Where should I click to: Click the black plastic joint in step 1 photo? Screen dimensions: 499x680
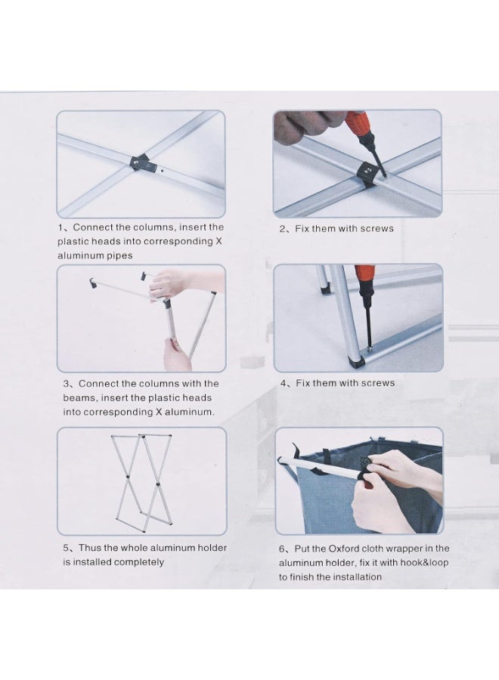tap(142, 163)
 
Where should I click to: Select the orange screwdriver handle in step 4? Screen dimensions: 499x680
tap(364, 277)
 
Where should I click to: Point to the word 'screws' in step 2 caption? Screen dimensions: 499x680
tap(377, 228)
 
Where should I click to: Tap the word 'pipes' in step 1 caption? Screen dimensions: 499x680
tap(120, 255)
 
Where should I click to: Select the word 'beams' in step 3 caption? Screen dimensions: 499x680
tap(80, 397)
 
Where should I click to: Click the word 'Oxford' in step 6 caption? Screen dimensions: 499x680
tap(343, 549)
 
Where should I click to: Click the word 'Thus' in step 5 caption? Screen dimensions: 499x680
tap(88, 548)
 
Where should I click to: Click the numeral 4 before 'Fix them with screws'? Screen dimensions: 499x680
tap(284, 383)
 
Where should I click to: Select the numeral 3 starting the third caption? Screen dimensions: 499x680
tap(66, 384)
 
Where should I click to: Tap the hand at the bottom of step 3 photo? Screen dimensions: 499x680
tap(177, 354)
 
